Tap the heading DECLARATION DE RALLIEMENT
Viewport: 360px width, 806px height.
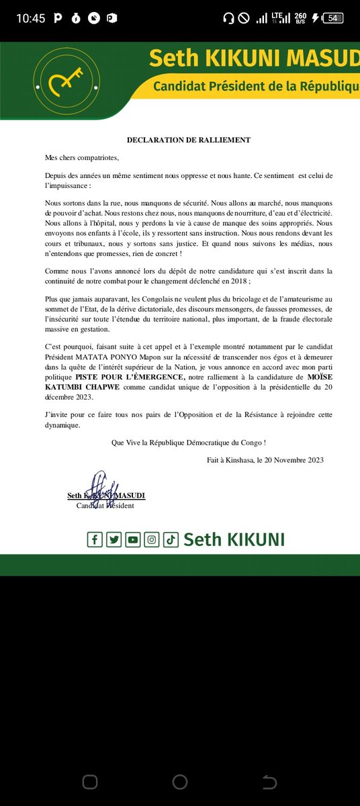(189, 140)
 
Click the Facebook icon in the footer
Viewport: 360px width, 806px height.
(95, 539)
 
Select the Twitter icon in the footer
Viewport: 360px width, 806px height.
(114, 539)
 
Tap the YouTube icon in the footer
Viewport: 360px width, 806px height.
(133, 539)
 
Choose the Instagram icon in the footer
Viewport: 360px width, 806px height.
(152, 539)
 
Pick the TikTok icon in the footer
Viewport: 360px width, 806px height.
(171, 539)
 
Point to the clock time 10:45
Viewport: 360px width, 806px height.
(30, 18)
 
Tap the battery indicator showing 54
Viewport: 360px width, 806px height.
(332, 18)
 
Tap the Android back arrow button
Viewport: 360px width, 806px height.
(269, 782)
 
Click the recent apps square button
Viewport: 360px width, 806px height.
(90, 782)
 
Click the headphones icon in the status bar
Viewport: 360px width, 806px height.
(228, 18)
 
